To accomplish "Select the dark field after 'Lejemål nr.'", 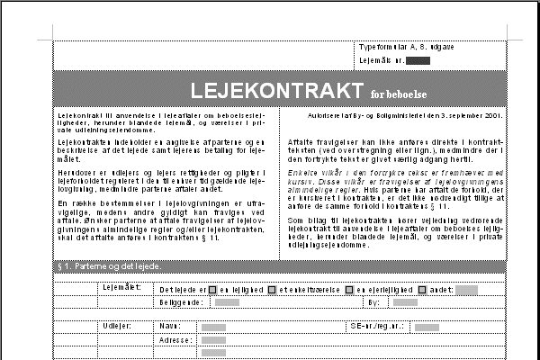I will (418, 60).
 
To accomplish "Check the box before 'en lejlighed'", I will (212, 290).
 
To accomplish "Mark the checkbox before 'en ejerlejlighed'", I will (350, 290).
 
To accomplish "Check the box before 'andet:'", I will (421, 290).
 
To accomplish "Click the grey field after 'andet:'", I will (465, 290).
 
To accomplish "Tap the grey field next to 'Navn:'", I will (213, 327).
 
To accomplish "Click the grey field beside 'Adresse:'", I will (213, 341).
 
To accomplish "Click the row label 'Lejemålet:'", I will (121, 288).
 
